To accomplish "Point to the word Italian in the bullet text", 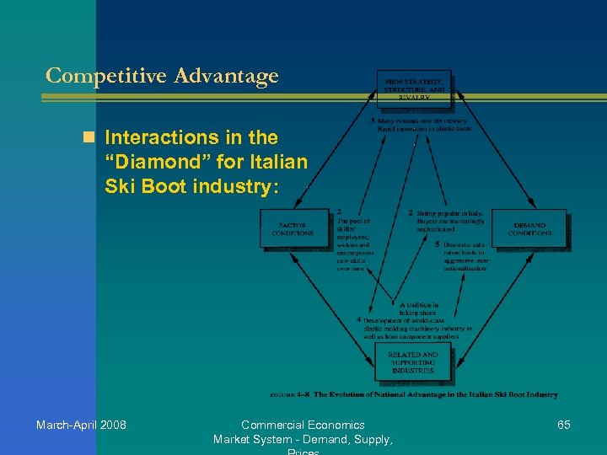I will point(278,161).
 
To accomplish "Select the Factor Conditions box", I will point(293,227).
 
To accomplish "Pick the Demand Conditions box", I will point(529,227).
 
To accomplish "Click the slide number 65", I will point(564,425).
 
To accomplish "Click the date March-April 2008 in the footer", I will point(81,425).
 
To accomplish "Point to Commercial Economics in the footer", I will point(303,425).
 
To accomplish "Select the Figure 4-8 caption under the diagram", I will point(413,394).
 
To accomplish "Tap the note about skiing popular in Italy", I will point(450,222).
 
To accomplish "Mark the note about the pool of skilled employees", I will point(353,244).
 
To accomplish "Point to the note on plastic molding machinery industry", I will point(416,328).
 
